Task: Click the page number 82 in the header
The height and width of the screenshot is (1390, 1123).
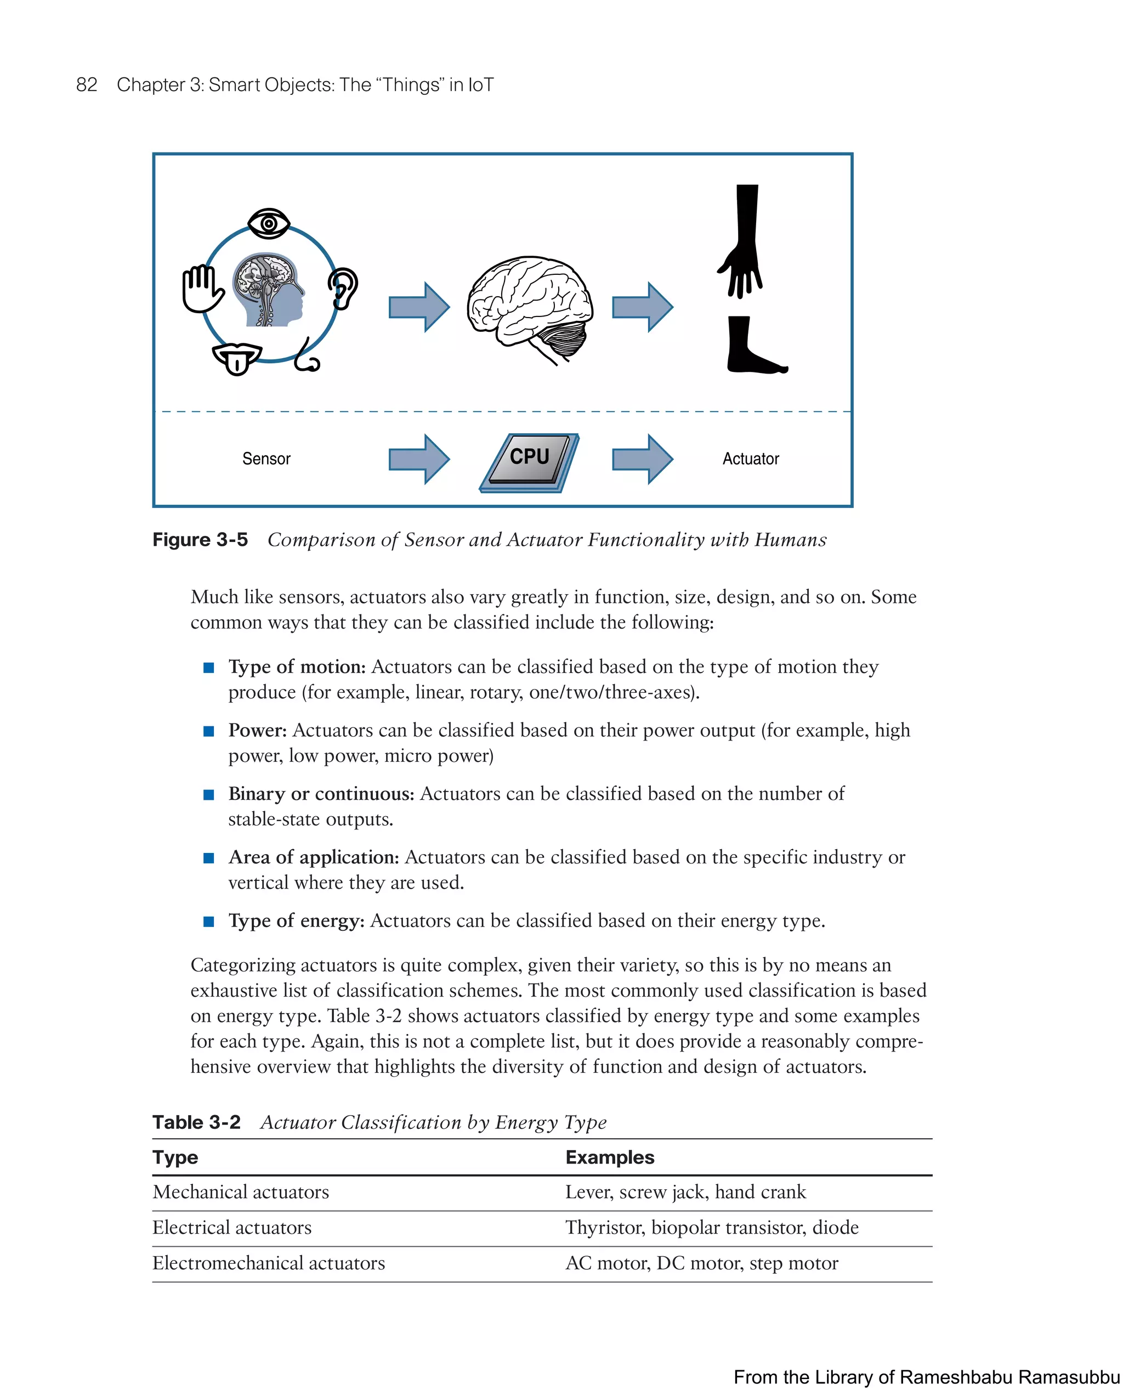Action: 87,85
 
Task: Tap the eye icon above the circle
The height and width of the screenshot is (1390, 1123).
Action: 269,223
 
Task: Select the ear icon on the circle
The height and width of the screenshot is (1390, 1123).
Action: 343,289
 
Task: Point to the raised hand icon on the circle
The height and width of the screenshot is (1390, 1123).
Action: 201,289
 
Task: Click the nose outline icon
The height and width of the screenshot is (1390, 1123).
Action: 307,358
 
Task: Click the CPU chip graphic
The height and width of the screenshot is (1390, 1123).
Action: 529,461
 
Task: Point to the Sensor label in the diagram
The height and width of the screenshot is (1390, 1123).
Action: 266,459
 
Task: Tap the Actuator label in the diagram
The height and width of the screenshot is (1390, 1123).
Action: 750,459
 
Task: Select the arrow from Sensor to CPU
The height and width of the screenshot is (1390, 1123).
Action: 418,459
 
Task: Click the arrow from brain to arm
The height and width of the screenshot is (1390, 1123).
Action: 642,307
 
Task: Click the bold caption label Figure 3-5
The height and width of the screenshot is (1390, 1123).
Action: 200,540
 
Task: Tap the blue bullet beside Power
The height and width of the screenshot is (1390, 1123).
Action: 208,731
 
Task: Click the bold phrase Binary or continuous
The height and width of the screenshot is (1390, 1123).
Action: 321,793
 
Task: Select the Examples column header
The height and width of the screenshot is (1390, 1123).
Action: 609,1157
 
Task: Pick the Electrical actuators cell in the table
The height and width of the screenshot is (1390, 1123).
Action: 231,1228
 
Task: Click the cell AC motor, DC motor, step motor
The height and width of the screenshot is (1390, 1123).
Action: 701,1263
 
